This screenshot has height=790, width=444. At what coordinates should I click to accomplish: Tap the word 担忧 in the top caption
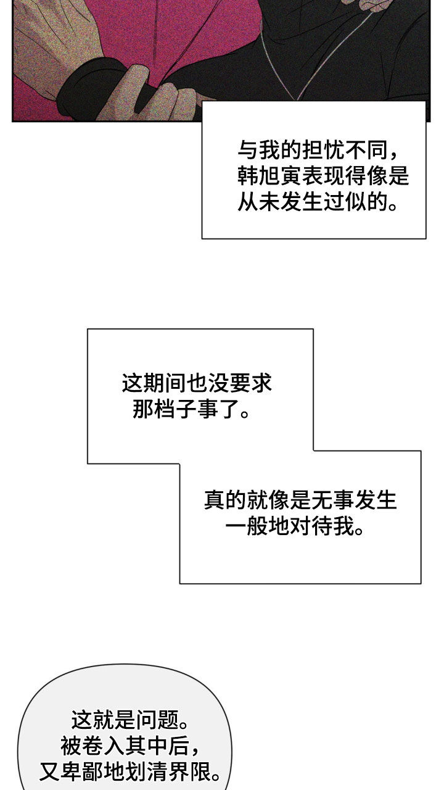pyautogui.click(x=324, y=150)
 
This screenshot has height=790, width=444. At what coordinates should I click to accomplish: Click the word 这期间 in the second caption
pyautogui.click(x=154, y=383)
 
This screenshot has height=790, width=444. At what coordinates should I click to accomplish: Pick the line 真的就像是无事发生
pyautogui.click(x=300, y=500)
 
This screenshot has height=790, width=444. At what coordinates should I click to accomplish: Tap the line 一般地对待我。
pyautogui.click(x=295, y=526)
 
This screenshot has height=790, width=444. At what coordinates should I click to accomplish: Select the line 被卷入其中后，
pyautogui.click(x=130, y=746)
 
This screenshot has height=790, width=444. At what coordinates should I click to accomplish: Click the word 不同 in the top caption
pyautogui.click(x=366, y=150)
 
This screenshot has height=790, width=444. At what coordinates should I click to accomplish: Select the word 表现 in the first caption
pyautogui.click(x=324, y=176)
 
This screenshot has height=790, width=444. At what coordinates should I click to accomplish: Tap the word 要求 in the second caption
pyautogui.click(x=250, y=383)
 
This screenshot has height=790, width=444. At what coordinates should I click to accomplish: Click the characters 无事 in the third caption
pyautogui.click(x=332, y=500)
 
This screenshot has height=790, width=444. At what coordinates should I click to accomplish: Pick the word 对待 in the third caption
pyautogui.click(x=311, y=526)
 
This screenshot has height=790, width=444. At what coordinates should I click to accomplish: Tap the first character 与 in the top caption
pyautogui.click(x=249, y=150)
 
